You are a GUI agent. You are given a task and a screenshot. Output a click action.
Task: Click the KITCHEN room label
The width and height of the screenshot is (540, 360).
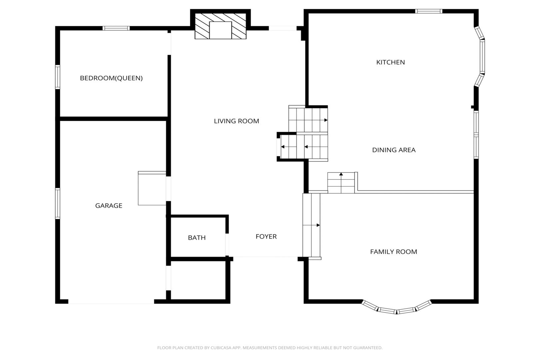(390, 62)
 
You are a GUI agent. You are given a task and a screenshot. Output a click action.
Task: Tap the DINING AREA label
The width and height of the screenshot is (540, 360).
(394, 150)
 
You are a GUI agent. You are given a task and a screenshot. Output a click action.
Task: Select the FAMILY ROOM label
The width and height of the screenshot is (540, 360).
(394, 252)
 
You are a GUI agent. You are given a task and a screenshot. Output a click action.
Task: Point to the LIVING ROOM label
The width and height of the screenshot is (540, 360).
(237, 121)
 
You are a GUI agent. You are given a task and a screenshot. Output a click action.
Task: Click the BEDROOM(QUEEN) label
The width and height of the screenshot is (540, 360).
(111, 78)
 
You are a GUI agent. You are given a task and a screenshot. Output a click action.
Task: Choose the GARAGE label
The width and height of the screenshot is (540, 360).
(109, 206)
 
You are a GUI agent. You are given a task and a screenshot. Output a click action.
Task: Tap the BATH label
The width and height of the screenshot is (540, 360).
(197, 238)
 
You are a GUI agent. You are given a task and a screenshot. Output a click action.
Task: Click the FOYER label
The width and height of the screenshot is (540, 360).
(266, 236)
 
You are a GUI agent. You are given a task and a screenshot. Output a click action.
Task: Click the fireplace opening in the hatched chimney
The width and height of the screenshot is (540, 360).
(221, 30)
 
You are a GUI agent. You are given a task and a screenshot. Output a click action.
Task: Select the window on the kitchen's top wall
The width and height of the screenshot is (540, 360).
(429, 11)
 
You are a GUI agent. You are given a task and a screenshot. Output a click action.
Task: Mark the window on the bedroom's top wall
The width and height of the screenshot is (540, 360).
(116, 28)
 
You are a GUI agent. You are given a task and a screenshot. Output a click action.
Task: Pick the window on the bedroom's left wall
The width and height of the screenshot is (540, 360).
(58, 77)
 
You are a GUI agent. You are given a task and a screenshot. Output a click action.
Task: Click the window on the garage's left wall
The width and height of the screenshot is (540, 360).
(58, 203)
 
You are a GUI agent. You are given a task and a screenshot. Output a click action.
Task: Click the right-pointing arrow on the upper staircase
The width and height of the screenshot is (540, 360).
(326, 120)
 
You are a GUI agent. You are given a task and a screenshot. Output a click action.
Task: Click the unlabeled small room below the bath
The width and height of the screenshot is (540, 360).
(198, 280)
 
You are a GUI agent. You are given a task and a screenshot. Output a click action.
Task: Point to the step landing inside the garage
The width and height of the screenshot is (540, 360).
(152, 188)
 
